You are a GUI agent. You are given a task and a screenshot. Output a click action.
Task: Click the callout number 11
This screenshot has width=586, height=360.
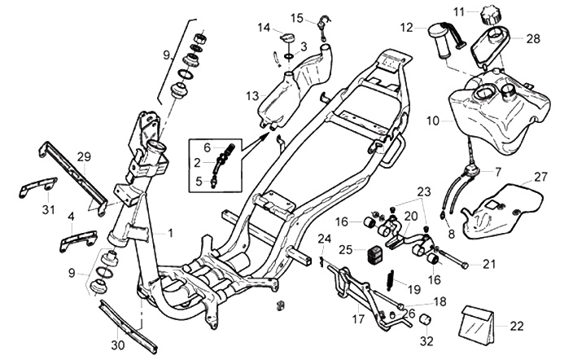tap(482, 11)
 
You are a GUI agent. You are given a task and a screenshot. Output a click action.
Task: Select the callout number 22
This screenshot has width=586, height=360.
tap(517, 326)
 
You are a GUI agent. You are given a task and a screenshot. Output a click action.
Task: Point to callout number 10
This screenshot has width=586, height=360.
tap(433, 120)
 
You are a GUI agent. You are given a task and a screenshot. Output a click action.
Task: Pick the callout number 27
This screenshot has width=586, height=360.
tap(541, 177)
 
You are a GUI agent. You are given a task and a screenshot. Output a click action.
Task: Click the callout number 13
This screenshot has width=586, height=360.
tap(252, 96)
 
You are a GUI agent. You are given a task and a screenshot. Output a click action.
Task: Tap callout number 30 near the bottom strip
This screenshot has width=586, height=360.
tap(119, 345)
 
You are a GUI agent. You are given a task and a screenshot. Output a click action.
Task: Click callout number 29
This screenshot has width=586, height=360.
tap(82, 156)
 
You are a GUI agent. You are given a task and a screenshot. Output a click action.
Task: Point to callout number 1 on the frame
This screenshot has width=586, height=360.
tap(171, 232)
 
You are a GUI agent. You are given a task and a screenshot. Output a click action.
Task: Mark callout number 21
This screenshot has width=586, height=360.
tap(489, 263)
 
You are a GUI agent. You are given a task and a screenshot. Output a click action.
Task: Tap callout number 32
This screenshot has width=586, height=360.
tap(427, 340)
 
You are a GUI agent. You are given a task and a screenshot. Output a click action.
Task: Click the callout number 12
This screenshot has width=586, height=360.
tap(407, 27)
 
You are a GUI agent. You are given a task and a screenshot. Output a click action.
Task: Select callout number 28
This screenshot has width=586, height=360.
tap(533, 38)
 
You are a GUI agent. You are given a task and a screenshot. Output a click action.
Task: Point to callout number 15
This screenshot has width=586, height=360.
tap(297, 18)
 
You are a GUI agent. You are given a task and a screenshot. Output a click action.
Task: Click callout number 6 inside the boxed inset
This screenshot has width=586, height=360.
tap(208, 147)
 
